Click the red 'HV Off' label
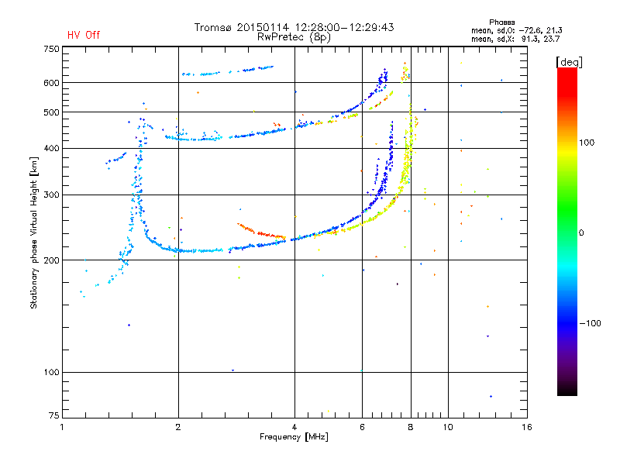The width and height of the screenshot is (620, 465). (83, 35)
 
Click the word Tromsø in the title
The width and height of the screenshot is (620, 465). (212, 27)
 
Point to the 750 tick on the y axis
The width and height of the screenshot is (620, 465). (52, 49)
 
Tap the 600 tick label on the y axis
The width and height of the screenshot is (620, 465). (52, 83)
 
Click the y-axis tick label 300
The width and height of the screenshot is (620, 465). (52, 195)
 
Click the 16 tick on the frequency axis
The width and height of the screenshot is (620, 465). (526, 427)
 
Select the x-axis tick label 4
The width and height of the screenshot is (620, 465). (294, 427)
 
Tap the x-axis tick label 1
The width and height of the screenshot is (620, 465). (62, 427)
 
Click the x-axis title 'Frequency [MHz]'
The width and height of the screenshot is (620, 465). (294, 438)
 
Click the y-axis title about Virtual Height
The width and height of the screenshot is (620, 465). (34, 233)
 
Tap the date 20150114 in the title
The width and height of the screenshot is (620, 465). (258, 27)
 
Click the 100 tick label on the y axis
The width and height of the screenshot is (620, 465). (52, 373)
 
